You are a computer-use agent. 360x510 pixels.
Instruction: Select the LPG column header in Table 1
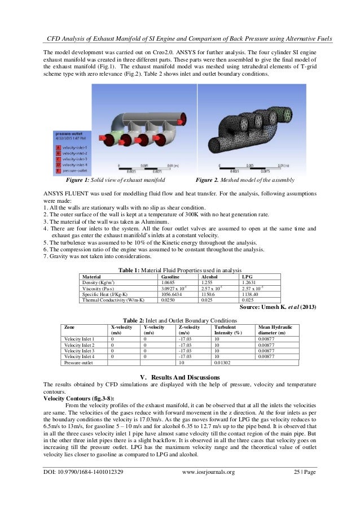247,277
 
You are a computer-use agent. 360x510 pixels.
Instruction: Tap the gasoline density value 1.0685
169,282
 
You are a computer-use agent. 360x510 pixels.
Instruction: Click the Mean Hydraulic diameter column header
275,329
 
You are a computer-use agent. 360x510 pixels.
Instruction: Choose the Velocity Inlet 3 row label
79,351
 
